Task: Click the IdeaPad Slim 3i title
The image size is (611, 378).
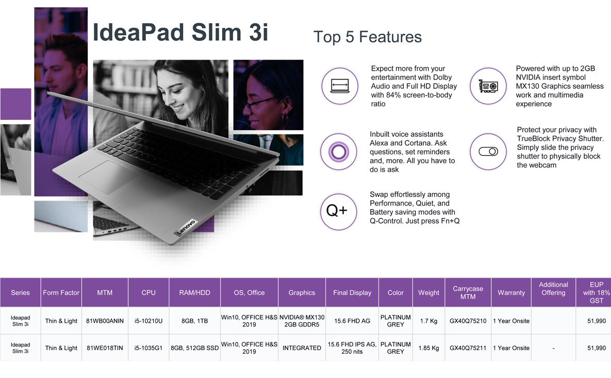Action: (x=180, y=32)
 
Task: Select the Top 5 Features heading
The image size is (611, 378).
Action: (x=368, y=37)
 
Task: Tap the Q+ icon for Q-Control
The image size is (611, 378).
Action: (x=338, y=211)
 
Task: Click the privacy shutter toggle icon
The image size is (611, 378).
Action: (x=488, y=151)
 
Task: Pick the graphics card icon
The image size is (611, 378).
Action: (x=488, y=86)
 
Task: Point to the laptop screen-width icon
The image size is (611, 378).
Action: (x=339, y=86)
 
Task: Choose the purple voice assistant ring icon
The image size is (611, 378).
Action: (x=338, y=152)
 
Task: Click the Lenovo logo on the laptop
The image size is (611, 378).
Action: (x=186, y=228)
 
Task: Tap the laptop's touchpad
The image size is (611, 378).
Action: (x=109, y=177)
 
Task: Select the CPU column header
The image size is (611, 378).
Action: (x=148, y=293)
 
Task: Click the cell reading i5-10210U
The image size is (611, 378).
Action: (x=148, y=321)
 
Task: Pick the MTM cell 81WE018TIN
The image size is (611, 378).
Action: (x=105, y=348)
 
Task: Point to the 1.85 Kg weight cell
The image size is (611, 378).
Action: (x=428, y=348)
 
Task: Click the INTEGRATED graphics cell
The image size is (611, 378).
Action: (x=302, y=348)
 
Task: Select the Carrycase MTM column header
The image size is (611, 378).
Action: (x=468, y=293)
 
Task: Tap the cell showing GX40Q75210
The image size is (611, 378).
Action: (x=468, y=321)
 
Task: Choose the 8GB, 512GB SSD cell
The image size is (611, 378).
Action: (x=194, y=348)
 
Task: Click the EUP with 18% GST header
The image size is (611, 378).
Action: (x=596, y=293)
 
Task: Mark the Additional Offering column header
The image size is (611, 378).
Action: (x=553, y=289)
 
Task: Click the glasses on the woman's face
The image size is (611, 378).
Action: (x=260, y=103)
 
